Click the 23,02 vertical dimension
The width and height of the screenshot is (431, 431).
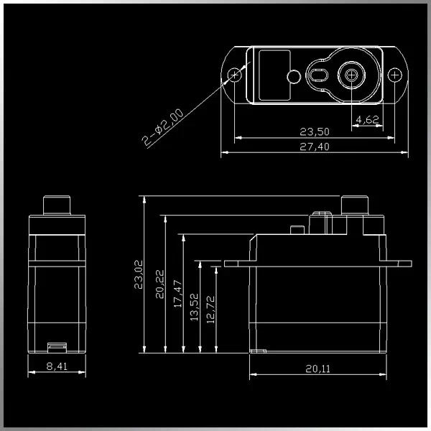pyautogui.click(x=139, y=274)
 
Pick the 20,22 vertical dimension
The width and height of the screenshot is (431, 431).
pyautogui.click(x=159, y=283)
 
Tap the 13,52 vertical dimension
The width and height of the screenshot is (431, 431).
pyautogui.click(x=195, y=307)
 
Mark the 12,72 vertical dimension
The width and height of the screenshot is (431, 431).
pyautogui.click(x=210, y=310)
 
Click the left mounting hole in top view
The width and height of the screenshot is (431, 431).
pyautogui.click(x=234, y=75)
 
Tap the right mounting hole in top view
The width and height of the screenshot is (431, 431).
pyautogui.click(x=394, y=75)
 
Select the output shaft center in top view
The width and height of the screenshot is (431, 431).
pyautogui.click(x=351, y=75)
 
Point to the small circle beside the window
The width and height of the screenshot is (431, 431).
pyautogui.click(x=293, y=76)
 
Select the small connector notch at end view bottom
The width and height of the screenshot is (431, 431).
pyautogui.click(x=57, y=348)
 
